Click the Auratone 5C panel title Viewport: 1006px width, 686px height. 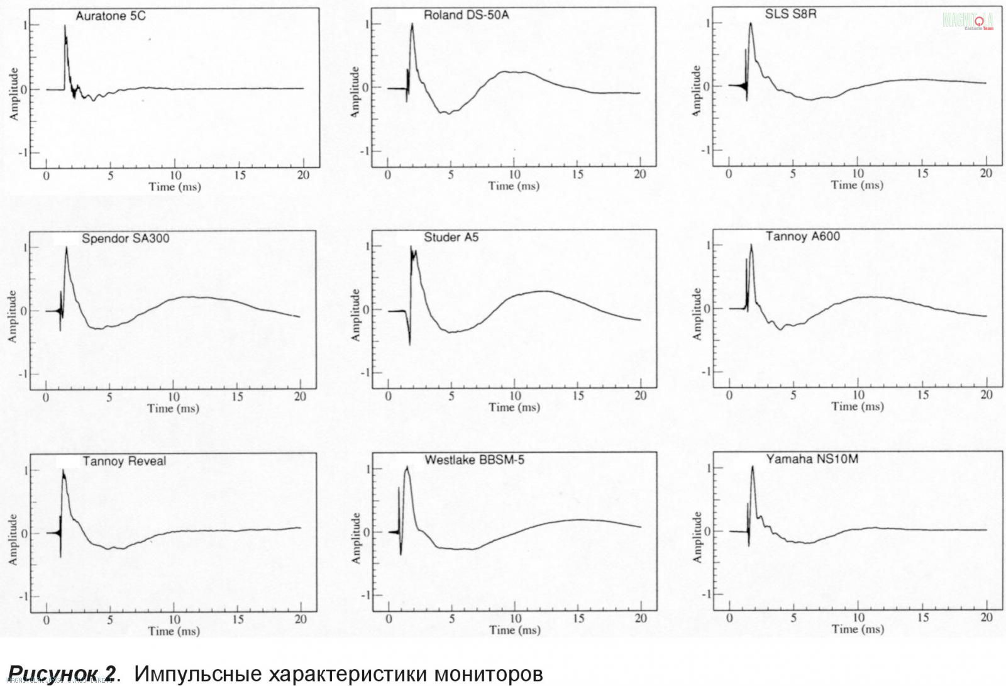pos(111,16)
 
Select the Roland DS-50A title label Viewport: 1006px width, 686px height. pos(466,15)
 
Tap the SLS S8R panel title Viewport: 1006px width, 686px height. pos(790,14)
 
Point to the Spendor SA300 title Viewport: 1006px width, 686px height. pos(125,239)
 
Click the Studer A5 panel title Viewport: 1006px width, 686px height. pos(451,237)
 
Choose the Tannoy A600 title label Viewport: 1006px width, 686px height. pos(802,236)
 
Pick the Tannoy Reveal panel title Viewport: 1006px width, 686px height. pos(124,461)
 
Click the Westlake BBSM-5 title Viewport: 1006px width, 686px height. pos(474,460)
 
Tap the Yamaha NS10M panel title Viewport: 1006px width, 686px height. pos(812,459)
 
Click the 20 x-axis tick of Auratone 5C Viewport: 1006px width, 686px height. pos(303,175)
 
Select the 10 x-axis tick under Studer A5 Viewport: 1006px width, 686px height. pos(515,396)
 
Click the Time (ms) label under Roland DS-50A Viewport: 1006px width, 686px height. pos(514,186)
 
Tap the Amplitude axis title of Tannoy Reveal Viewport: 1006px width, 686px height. pos(13,539)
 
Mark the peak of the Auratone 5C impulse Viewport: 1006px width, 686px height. pos(65,26)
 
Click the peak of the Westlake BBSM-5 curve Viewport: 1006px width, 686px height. pos(407,467)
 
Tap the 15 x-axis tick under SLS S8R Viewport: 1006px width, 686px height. pos(922,174)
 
